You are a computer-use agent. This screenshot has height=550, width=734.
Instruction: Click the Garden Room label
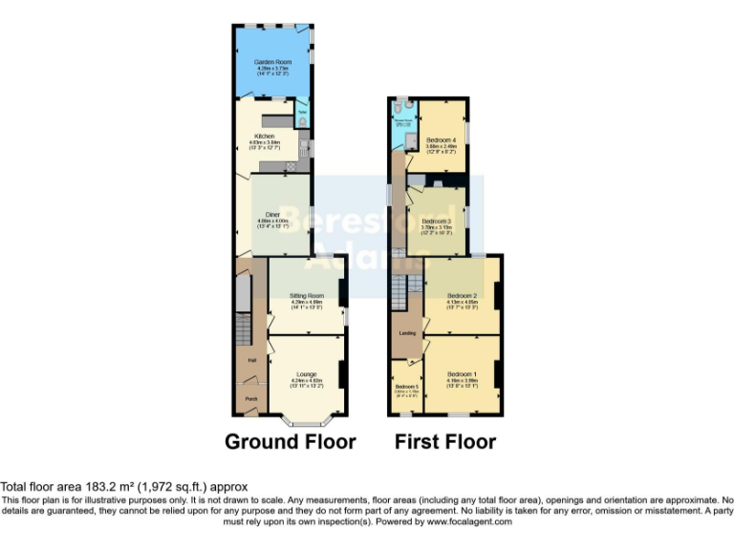271,61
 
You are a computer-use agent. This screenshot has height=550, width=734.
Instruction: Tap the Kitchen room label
251,137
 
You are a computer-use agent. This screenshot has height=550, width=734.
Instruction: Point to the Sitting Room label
307,296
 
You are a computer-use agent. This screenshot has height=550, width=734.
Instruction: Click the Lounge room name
307,373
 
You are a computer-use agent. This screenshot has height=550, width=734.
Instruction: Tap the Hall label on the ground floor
252,360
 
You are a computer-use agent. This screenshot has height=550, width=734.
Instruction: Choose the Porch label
251,398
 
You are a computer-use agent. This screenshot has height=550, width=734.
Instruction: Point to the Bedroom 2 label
462,295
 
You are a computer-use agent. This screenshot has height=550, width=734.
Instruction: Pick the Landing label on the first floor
406,333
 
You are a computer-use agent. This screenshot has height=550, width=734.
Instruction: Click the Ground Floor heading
291,442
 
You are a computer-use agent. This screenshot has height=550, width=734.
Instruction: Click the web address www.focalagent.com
469,522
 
